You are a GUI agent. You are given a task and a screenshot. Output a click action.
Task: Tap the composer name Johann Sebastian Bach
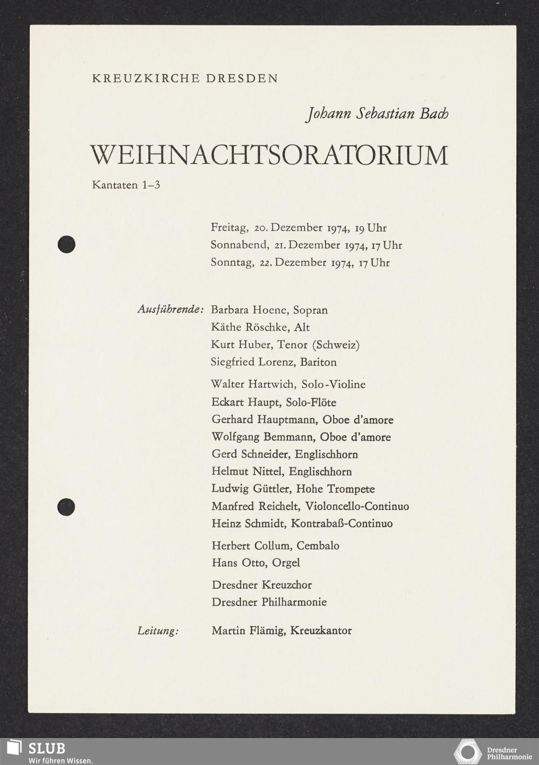(377, 114)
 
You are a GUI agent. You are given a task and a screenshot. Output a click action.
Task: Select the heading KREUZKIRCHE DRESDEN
(185, 79)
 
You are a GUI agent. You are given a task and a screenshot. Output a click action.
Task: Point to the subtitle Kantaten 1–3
(126, 185)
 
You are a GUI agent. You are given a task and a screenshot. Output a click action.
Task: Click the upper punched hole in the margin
(66, 245)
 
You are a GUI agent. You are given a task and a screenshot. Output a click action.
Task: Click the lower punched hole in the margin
(66, 507)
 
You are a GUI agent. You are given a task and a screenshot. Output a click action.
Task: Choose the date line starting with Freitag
(299, 228)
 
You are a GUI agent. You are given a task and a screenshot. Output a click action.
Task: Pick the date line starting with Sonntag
(300, 263)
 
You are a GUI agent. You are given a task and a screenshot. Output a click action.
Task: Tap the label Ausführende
(170, 310)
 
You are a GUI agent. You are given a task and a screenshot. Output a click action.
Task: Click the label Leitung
(158, 631)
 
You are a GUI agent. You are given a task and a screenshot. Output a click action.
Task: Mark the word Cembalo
(318, 546)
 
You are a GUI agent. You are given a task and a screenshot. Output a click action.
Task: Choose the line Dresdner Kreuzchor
(261, 585)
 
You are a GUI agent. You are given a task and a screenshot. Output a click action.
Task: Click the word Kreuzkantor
(321, 631)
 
